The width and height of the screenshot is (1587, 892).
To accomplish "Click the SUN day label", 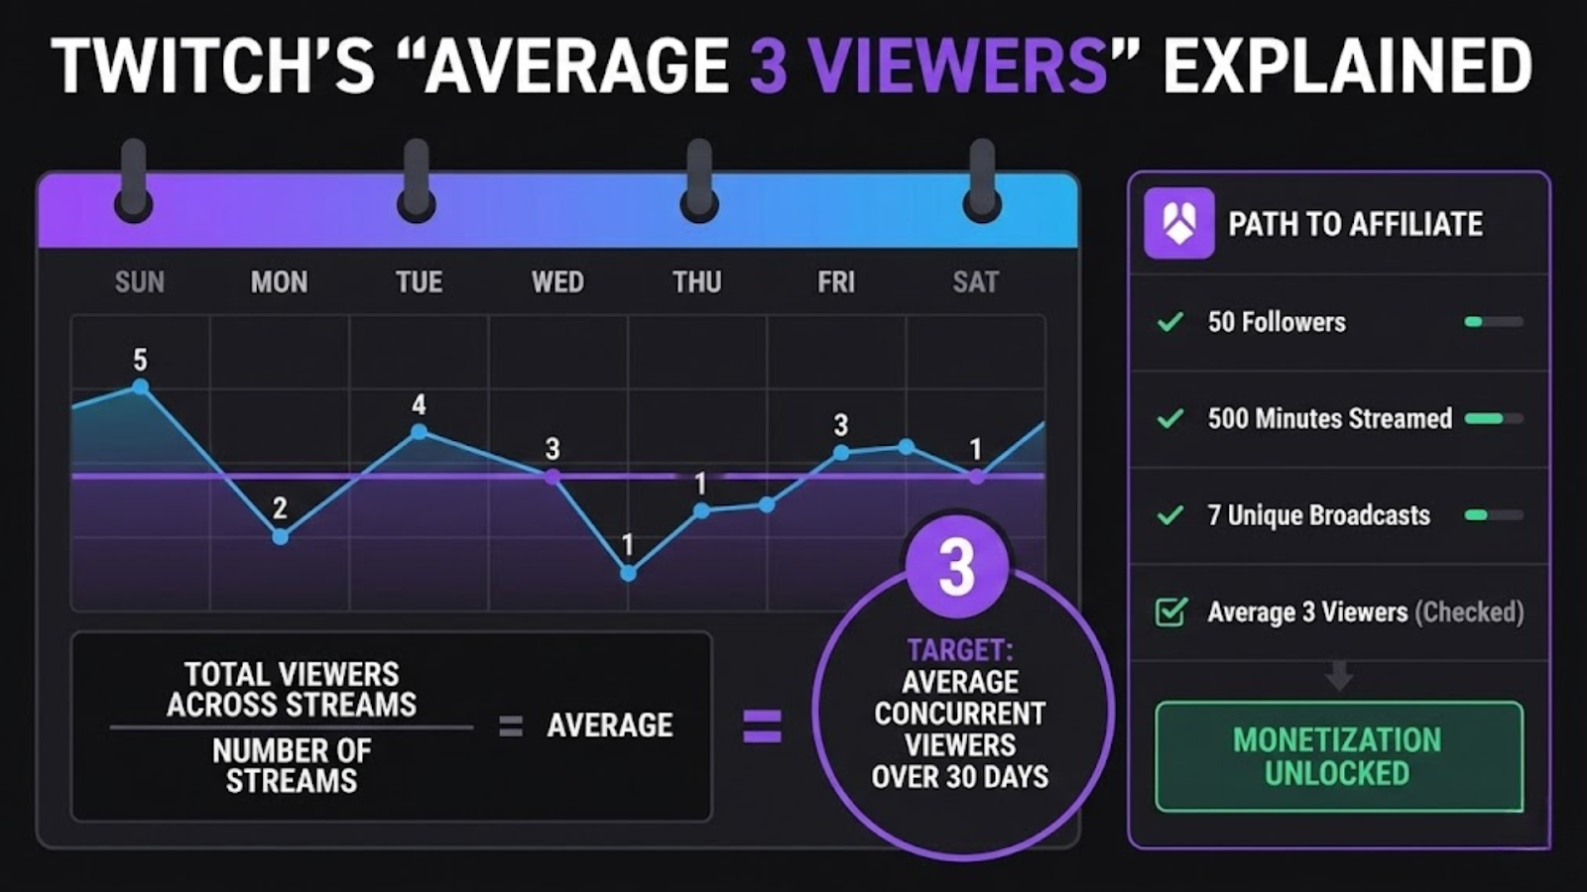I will [x=139, y=282].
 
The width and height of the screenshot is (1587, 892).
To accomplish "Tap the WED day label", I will [x=557, y=282].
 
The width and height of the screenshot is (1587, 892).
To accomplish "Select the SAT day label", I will [x=975, y=282].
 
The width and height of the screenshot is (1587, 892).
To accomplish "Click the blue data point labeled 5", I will [x=141, y=387].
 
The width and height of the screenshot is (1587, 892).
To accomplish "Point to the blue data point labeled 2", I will [x=281, y=536].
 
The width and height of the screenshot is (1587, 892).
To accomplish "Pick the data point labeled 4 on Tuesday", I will [x=419, y=432].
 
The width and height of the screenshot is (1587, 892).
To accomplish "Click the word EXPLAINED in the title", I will [x=1347, y=66].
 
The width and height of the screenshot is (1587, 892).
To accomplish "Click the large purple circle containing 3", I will [x=956, y=567].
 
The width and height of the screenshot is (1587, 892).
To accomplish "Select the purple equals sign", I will [x=762, y=726].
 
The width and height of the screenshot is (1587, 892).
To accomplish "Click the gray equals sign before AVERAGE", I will [x=510, y=726].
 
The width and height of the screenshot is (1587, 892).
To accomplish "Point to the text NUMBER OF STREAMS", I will [x=292, y=766].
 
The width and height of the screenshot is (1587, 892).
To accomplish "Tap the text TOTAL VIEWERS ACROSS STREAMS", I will [x=292, y=690].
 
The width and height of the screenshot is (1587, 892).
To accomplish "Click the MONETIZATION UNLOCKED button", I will [x=1338, y=756].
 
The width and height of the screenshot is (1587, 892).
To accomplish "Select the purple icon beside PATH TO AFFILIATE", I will [x=1178, y=223].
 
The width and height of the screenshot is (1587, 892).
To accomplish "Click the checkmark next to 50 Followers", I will [x=1170, y=322].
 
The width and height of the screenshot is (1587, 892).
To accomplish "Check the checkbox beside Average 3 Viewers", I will [x=1170, y=612].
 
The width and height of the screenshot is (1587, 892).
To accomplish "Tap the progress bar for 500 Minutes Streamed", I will [x=1493, y=418].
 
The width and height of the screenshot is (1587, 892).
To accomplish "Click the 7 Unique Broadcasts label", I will [x=1318, y=515].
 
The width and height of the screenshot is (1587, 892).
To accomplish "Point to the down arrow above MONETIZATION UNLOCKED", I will [x=1339, y=677].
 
